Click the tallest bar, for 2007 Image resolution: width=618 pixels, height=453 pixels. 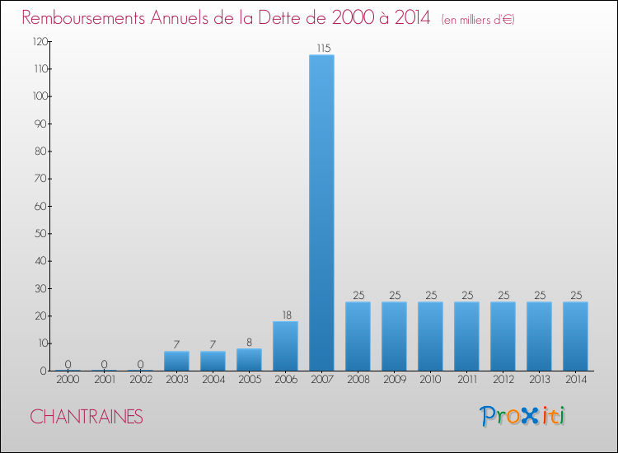321,212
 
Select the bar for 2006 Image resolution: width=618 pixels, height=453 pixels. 285,346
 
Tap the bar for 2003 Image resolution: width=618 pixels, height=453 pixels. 176,361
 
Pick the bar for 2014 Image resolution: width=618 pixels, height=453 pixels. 575,336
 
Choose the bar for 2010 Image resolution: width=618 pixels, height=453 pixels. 430,336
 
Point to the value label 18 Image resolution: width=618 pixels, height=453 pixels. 285,315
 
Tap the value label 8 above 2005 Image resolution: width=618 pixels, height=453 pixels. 249,342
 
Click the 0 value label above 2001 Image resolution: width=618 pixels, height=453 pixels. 104,364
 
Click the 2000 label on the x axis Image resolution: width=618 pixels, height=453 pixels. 68,380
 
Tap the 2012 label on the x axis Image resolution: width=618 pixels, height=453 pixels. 503,380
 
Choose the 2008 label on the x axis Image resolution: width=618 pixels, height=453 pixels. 358,380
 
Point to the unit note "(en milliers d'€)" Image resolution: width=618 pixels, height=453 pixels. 478,19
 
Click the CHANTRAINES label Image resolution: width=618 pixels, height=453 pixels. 87,417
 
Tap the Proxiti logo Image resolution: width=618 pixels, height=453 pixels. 523,416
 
